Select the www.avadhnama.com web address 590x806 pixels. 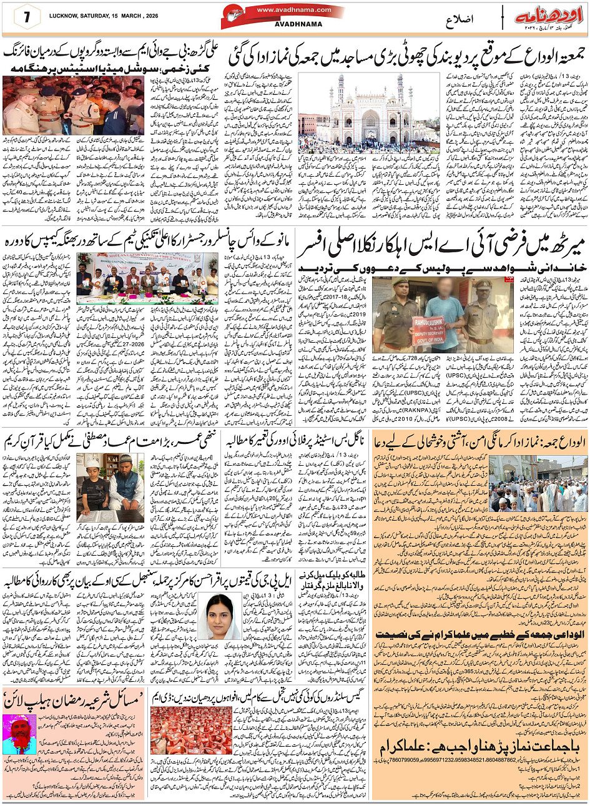click(x=284, y=10)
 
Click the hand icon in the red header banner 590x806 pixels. click(x=233, y=15)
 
